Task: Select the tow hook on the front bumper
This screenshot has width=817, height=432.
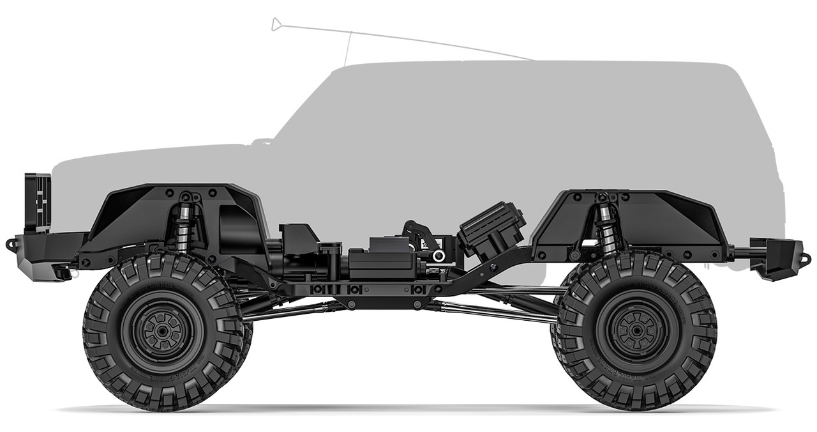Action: tap(11, 244)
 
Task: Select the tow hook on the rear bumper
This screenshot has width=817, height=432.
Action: tap(806, 259)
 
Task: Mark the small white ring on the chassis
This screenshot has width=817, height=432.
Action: tap(438, 256)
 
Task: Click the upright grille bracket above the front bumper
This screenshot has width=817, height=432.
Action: tap(38, 201)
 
